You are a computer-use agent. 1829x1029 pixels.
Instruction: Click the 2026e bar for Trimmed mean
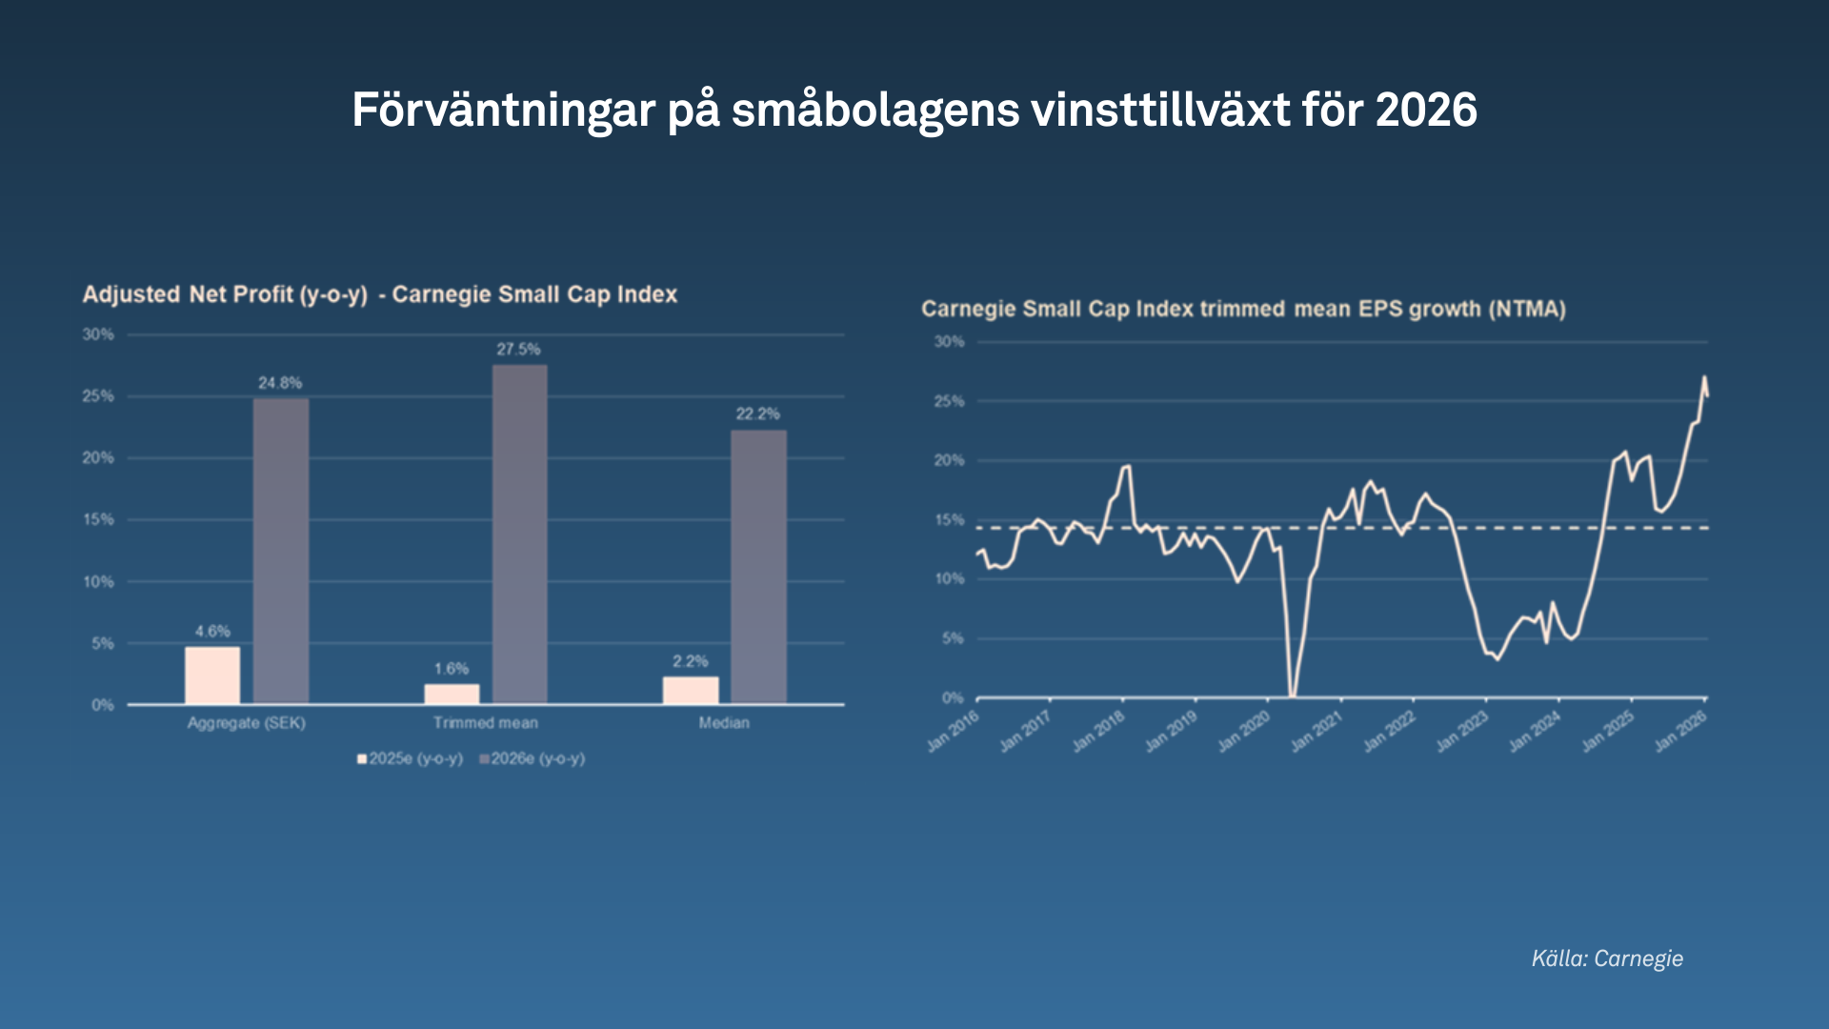(519, 534)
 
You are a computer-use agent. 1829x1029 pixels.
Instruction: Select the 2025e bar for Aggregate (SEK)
(212, 676)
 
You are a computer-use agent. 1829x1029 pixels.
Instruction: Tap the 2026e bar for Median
(758, 567)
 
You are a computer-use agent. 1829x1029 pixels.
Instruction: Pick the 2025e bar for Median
(691, 690)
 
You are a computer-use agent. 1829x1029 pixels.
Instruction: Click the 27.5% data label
(518, 350)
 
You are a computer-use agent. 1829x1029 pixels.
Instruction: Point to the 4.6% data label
(212, 632)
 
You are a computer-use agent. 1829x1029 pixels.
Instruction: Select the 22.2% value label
(757, 414)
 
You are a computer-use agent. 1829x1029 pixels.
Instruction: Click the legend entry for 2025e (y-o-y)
(411, 758)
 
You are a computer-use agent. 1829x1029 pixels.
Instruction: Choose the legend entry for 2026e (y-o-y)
(533, 758)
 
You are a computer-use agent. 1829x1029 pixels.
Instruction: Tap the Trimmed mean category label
(485, 723)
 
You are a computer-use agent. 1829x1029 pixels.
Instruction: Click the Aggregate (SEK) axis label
(246, 723)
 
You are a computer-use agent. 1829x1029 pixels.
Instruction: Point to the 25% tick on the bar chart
(98, 396)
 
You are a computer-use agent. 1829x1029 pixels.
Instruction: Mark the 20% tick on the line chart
(949, 460)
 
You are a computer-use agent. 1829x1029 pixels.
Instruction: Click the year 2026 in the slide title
(1426, 110)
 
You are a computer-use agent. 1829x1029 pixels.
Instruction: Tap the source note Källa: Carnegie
(1607, 958)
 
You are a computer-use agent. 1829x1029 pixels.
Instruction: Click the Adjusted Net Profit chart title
(379, 294)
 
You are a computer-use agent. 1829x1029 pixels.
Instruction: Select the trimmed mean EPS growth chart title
(1243, 309)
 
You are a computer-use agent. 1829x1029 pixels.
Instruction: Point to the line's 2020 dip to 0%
(1293, 694)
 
